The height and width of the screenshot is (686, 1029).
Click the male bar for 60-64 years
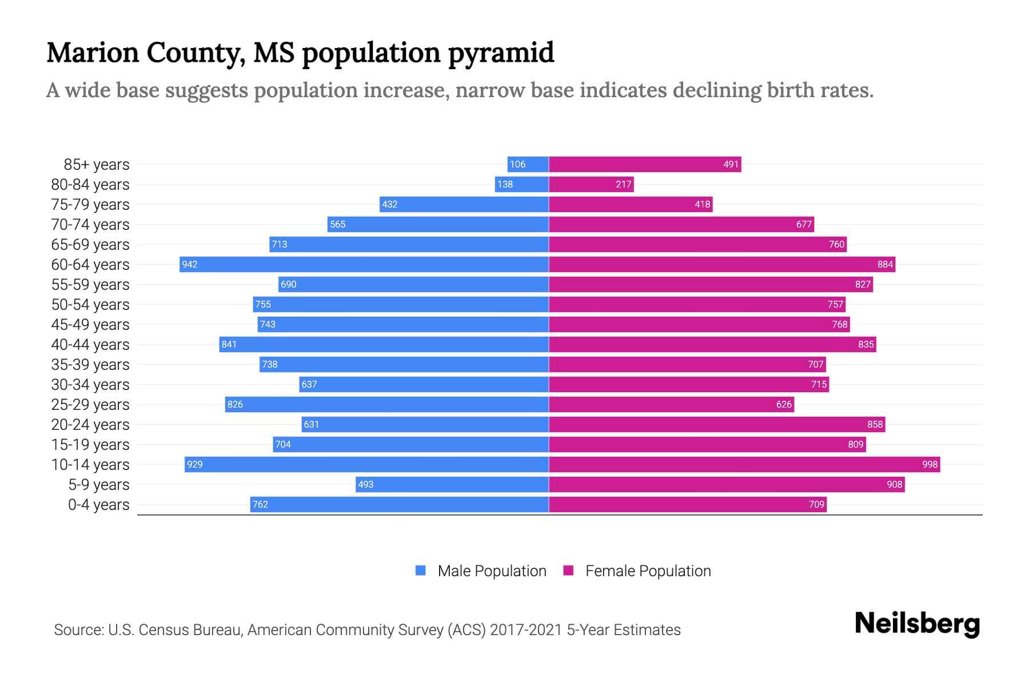pos(364,264)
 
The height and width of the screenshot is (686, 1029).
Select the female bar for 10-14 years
pos(744,464)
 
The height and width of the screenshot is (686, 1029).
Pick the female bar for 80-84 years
pos(591,184)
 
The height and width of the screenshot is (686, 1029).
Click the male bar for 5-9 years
pos(452,484)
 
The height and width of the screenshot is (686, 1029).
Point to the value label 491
pos(731,165)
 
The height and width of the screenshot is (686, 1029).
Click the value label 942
pos(190,264)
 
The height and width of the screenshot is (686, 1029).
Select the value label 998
pos(930,464)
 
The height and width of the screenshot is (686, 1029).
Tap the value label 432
pos(389,204)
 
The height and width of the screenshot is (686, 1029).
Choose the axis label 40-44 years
pos(90,345)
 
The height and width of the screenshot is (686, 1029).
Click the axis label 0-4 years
pos(98,505)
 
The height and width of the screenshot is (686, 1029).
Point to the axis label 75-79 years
pos(90,205)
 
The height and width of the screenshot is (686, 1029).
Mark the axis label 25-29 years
pos(90,405)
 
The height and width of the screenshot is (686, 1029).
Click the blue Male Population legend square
pos(421,571)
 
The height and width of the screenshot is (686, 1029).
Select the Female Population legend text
pos(648,571)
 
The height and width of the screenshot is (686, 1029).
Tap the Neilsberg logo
pos(917,624)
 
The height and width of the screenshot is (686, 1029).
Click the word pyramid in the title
pos(501,53)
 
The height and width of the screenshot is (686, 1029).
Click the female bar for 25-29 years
pos(671,404)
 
